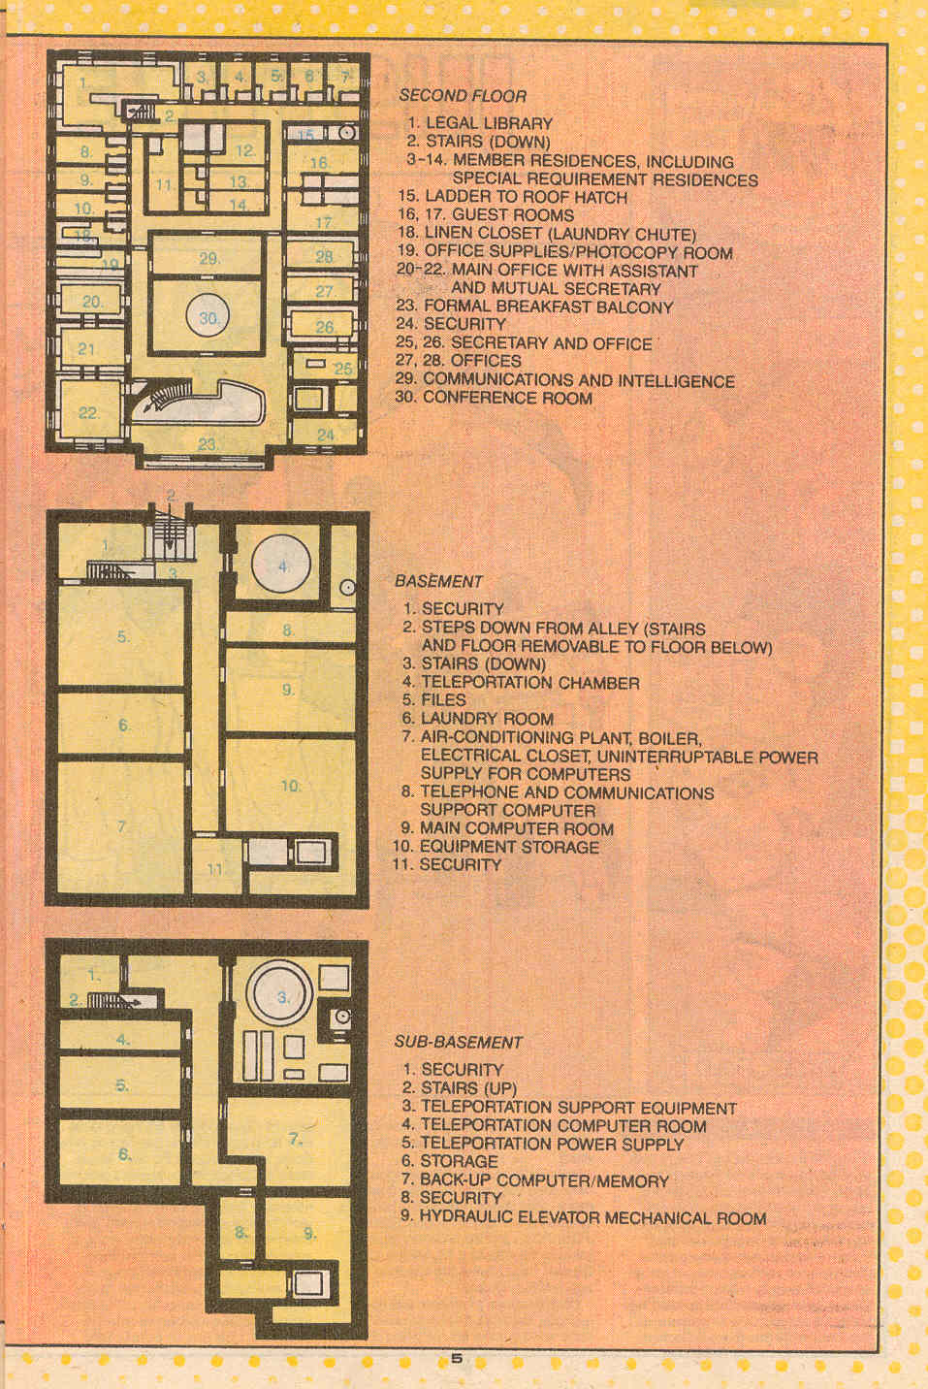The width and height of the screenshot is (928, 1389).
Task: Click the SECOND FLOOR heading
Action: coord(463,95)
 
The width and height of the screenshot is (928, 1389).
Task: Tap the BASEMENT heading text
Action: coord(438,582)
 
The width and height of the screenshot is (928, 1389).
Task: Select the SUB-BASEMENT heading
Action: coord(459,1043)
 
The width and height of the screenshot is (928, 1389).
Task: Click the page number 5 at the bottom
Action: coord(457,1359)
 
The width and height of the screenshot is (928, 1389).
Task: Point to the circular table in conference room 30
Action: coord(208,316)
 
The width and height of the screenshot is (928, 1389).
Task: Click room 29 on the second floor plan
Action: coord(208,255)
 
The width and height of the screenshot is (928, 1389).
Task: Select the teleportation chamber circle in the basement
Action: coord(281,565)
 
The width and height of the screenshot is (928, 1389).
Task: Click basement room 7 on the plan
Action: coord(120,826)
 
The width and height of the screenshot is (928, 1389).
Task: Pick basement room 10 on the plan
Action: coord(290,785)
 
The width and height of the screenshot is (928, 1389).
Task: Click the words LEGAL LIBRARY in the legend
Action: coord(489,123)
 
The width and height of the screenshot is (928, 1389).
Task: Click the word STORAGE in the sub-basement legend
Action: coord(459,1161)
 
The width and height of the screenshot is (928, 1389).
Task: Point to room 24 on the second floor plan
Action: coord(325,435)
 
